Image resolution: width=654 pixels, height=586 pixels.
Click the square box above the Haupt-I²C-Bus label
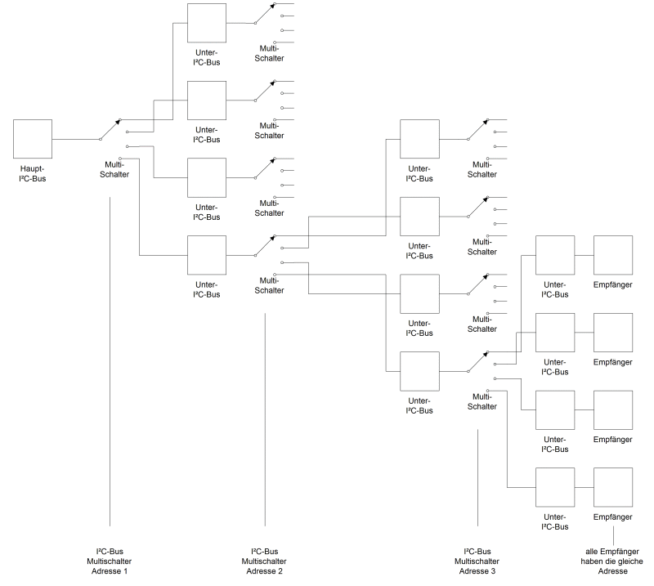[x=33, y=139]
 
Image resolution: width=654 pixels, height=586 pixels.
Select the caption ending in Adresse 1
[x=109, y=561]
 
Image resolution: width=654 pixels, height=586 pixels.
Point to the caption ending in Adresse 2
[x=264, y=561]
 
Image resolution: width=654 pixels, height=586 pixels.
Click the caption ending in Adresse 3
[x=477, y=561]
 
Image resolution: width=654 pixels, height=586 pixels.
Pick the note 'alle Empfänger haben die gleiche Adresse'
[x=612, y=561]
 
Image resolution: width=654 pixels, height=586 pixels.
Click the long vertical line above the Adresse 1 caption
[x=109, y=360]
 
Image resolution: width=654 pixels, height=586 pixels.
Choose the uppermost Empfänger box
[x=612, y=254]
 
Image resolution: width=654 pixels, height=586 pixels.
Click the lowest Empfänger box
[x=612, y=486]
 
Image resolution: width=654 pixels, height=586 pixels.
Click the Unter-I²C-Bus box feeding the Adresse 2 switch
[x=207, y=255]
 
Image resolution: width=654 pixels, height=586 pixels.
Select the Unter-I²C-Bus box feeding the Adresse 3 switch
[x=419, y=371]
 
